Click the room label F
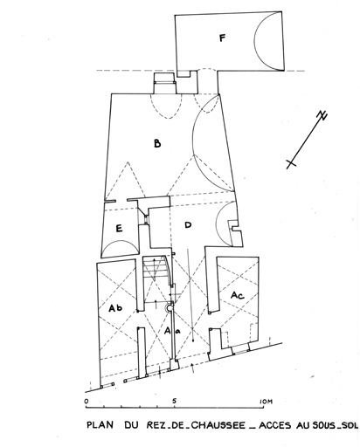pos(222,38)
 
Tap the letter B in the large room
pos(157,143)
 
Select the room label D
pos(188,224)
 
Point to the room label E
pos(119,229)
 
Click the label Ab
pos(115,308)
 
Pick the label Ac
pos(238,295)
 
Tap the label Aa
pos(172,331)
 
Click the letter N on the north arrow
pos(322,115)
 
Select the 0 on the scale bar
pos(87,402)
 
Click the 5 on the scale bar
pos(174,401)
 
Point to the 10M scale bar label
pos(266,402)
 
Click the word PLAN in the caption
pos(100,425)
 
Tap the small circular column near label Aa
pos(170,308)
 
